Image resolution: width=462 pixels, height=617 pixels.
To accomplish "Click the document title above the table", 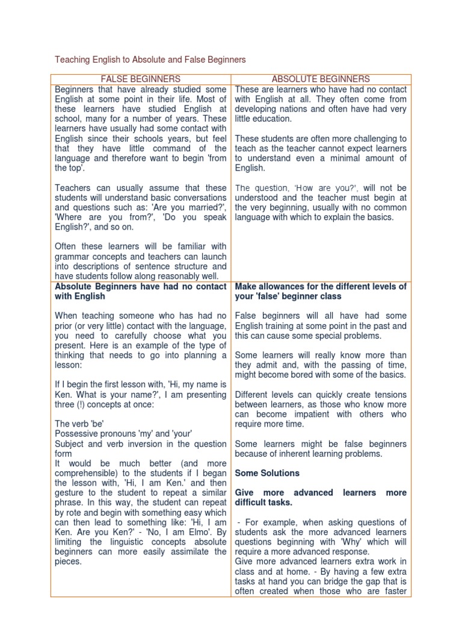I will coord(150,60).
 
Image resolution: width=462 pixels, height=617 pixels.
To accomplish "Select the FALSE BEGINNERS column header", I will coord(140,79).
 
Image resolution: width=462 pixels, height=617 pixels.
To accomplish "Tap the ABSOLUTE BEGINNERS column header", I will coord(321,79).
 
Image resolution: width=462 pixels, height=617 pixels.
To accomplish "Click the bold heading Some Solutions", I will coord(267,473).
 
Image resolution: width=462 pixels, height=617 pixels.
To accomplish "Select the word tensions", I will coord(389,395).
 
